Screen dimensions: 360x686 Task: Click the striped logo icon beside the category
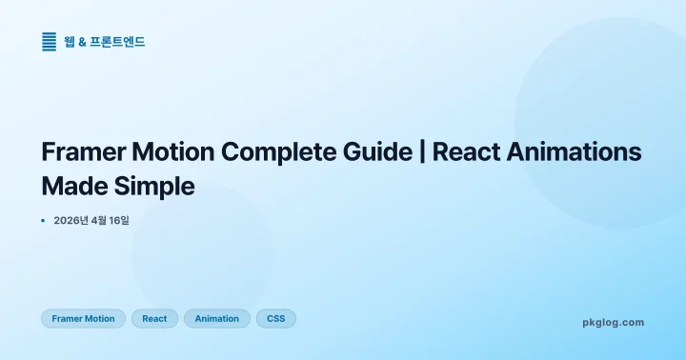[x=50, y=42]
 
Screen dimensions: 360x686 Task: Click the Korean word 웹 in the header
[x=70, y=42]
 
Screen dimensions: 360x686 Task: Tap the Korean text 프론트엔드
[x=117, y=42]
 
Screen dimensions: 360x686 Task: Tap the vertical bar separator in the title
[x=420, y=152]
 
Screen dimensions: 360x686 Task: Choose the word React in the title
[x=466, y=152]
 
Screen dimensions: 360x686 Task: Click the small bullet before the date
[x=44, y=220]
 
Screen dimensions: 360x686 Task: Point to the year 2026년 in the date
[x=72, y=220]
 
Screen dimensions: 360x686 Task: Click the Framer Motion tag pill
[x=83, y=319]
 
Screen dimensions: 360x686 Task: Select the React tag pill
[x=154, y=319]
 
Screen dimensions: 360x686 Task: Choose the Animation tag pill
[x=217, y=319]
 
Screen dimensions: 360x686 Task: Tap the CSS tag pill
[x=276, y=319]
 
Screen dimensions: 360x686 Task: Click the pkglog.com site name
[x=613, y=323]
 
